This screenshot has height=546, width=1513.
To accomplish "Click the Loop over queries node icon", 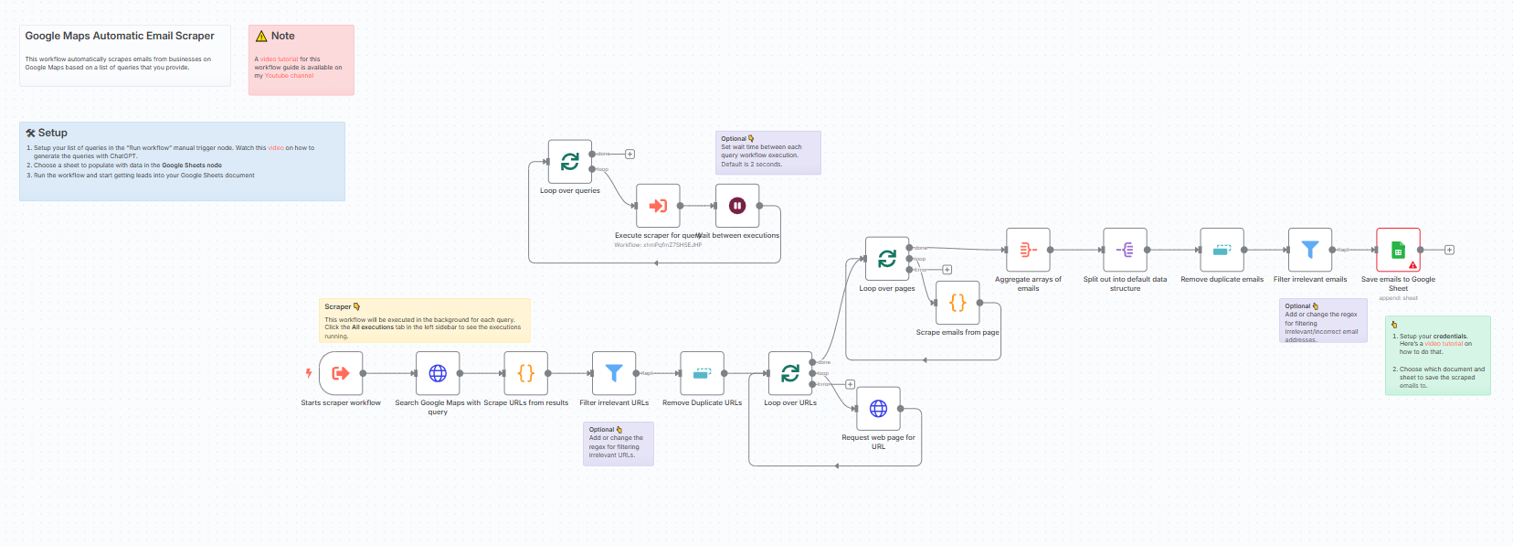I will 570,162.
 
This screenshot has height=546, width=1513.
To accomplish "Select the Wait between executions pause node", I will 737,206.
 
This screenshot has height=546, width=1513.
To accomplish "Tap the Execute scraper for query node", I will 658,206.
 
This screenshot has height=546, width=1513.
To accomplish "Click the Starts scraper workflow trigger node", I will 341,373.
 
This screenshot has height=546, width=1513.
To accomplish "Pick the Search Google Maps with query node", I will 438,373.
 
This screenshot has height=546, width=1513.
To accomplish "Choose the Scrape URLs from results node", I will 525,373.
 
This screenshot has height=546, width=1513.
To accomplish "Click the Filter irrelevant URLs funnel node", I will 614,373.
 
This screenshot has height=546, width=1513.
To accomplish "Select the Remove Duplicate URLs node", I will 702,373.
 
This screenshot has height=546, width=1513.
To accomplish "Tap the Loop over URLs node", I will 790,373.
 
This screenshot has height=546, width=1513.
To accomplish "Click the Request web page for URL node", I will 878,409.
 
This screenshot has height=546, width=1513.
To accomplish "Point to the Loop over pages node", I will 887,259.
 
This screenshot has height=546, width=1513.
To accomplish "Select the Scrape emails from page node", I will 958,303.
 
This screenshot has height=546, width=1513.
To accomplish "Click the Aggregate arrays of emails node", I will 1028,250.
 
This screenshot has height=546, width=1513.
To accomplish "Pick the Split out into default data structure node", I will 1125,250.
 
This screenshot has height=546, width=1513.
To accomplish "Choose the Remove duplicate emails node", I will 1222,250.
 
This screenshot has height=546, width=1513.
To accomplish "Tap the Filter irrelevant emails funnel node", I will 1310,250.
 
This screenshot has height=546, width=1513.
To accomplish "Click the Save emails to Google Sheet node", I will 1398,250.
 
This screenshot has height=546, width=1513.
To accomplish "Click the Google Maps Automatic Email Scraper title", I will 120,36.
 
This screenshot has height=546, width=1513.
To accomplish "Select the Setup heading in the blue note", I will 52,133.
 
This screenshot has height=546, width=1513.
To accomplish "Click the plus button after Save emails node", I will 1449,250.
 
